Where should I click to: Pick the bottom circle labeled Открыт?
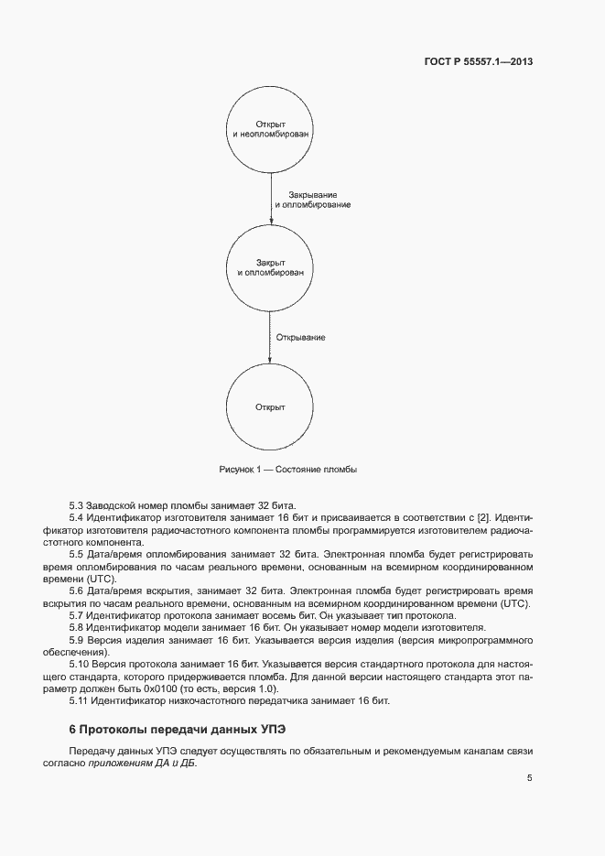pos(271,406)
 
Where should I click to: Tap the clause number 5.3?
pos(77,506)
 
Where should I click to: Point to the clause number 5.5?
pos(77,554)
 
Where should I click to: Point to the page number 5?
pos(529,778)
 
